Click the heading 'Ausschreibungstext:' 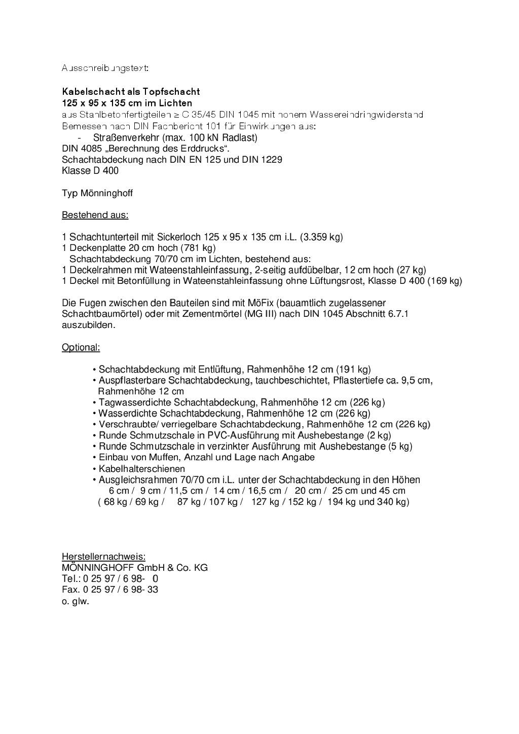point(105,68)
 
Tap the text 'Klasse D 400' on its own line point(90,171)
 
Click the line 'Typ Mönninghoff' point(97,193)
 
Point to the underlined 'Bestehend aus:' point(95,215)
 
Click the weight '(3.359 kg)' point(321,237)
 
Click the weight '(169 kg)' point(444,281)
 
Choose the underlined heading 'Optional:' point(81,347)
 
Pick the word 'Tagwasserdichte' point(129,402)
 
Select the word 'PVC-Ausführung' point(251,435)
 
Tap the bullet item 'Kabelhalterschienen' point(141,469)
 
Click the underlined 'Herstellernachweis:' point(103,557)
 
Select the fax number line point(109,590)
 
